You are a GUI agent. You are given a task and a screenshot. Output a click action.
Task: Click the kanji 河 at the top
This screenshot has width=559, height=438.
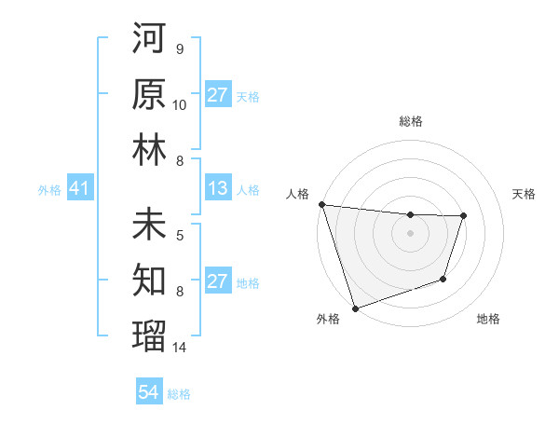[149, 40]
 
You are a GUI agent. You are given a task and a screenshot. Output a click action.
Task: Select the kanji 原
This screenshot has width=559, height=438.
[149, 95]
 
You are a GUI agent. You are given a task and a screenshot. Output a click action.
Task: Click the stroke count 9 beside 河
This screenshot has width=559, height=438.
[179, 49]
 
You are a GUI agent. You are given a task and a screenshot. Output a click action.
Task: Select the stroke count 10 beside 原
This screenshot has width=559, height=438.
[180, 104]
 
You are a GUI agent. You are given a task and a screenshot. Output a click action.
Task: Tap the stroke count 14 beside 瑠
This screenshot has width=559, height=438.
[180, 347]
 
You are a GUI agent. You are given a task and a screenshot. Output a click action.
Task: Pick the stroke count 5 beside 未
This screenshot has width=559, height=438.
[179, 235]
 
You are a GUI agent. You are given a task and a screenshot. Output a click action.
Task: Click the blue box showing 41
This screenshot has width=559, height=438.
[79, 189]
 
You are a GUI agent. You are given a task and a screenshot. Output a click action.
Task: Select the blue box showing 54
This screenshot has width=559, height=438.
[149, 392]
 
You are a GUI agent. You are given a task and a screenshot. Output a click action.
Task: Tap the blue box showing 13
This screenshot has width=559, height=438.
[217, 189]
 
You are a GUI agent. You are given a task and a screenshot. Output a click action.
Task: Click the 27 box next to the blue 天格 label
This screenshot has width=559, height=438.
[217, 95]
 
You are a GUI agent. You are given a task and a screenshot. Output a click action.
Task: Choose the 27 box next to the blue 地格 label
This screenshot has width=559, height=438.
[217, 281]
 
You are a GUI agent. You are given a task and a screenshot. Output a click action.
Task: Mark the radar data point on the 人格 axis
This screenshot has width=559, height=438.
[321, 204]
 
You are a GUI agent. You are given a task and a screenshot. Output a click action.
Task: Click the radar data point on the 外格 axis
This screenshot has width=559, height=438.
[355, 308]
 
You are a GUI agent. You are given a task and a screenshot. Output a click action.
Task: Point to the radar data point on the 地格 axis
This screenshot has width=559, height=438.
[443, 279]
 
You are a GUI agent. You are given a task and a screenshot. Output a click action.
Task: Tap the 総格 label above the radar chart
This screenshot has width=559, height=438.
[410, 121]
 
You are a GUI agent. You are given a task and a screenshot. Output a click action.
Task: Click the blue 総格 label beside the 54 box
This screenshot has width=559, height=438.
[179, 394]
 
